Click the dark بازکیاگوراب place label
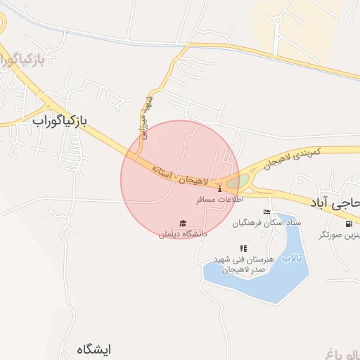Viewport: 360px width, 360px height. [x=59, y=121]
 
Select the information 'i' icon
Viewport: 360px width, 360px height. [x=220, y=189]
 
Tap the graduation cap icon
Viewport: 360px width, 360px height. [x=184, y=224]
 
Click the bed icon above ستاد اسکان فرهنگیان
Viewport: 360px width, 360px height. [x=266, y=212]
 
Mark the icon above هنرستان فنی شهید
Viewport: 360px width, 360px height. [x=243, y=248]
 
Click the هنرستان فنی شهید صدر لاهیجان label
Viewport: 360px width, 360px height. [x=239, y=264]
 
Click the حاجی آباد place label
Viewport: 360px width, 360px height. [x=334, y=202]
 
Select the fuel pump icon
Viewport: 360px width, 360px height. [x=349, y=224]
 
